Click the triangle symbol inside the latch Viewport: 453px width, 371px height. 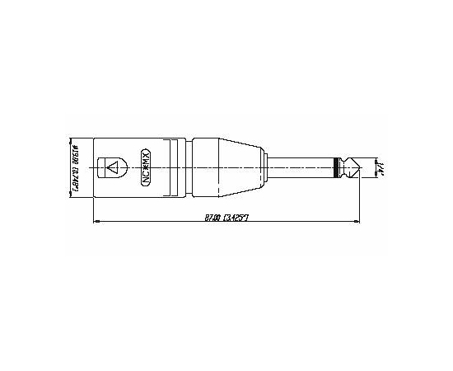(x=114, y=167)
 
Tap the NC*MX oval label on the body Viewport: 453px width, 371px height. (x=146, y=167)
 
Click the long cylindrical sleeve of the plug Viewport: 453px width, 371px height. (x=301, y=167)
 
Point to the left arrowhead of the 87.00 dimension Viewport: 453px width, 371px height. (x=97, y=222)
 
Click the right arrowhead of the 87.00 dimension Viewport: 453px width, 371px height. (x=357, y=222)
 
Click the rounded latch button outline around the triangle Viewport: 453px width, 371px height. (x=113, y=158)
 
